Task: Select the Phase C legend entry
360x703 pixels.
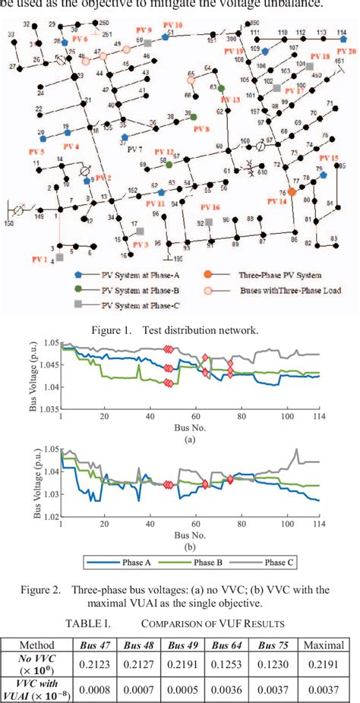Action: tap(258, 564)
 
